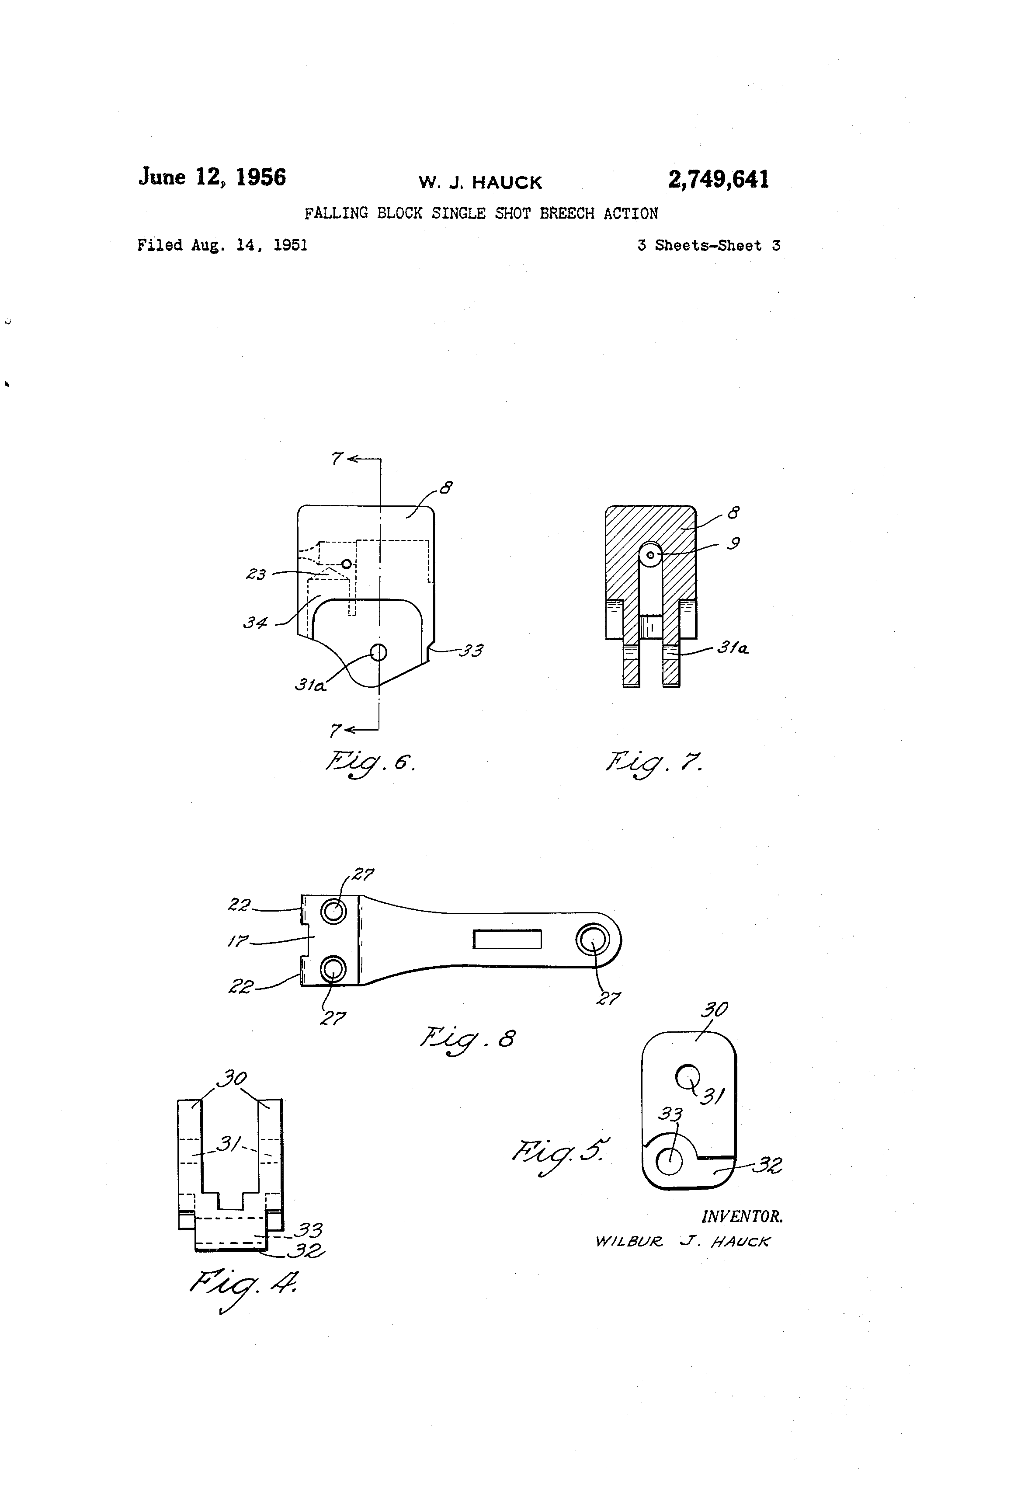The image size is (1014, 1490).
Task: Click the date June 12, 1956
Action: pos(212,177)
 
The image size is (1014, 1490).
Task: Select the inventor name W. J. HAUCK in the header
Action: pos(480,183)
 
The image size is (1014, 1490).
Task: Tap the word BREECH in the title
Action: pos(566,213)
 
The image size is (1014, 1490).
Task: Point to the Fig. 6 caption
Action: pos(370,762)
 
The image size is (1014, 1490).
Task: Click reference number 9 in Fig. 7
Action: pos(733,543)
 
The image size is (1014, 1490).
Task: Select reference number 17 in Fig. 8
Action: pos(237,941)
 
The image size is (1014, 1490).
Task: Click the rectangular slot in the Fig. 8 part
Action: pos(507,939)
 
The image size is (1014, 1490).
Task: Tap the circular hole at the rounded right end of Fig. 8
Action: pos(591,940)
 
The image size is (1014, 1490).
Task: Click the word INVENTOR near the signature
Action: pos(742,1217)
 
